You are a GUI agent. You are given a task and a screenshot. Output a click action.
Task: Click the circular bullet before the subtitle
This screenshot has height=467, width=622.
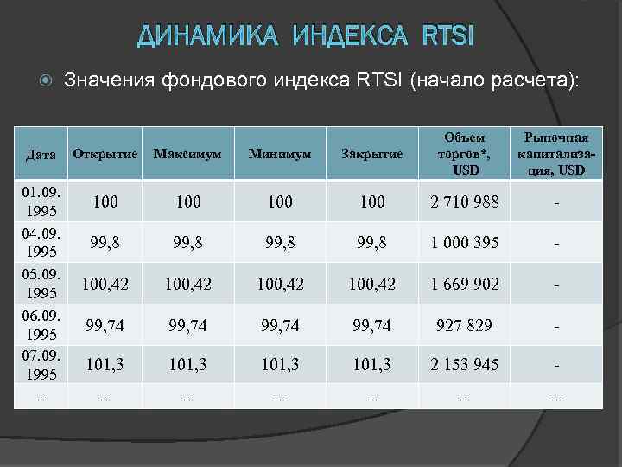click(x=48, y=81)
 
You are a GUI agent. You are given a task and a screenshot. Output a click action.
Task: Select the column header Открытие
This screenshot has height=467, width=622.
click(x=105, y=154)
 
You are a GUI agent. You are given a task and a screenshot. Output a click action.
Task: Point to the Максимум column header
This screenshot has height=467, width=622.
click(x=187, y=154)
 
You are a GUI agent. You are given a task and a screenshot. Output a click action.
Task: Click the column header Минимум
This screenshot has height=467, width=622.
click(x=280, y=154)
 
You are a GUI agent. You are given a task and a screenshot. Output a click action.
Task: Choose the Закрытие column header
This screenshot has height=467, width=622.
click(x=372, y=154)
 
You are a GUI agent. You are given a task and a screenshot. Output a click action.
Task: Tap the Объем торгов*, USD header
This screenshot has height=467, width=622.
click(x=465, y=153)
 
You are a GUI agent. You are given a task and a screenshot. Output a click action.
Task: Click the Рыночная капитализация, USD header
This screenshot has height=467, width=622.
click(x=557, y=153)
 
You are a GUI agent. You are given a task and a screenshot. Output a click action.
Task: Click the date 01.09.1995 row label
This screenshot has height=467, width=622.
click(x=41, y=201)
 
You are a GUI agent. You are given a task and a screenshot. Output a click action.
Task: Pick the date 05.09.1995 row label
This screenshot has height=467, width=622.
click(x=41, y=283)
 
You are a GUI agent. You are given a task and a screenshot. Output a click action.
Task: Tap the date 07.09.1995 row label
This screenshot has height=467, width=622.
click(x=41, y=365)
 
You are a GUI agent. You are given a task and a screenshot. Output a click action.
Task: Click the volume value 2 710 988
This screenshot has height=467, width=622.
click(x=465, y=202)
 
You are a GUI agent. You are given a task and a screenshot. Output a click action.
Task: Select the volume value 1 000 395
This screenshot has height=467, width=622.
click(x=465, y=243)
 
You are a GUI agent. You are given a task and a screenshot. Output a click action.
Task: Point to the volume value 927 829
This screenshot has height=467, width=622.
click(x=465, y=324)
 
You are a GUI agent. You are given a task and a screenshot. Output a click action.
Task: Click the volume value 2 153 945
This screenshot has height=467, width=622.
click(x=465, y=365)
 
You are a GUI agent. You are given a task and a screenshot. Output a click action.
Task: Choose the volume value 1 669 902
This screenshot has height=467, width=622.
click(x=465, y=284)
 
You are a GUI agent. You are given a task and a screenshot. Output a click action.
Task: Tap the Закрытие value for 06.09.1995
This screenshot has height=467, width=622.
click(x=372, y=324)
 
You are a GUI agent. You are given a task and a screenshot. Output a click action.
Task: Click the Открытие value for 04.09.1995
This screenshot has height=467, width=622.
click(x=105, y=243)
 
